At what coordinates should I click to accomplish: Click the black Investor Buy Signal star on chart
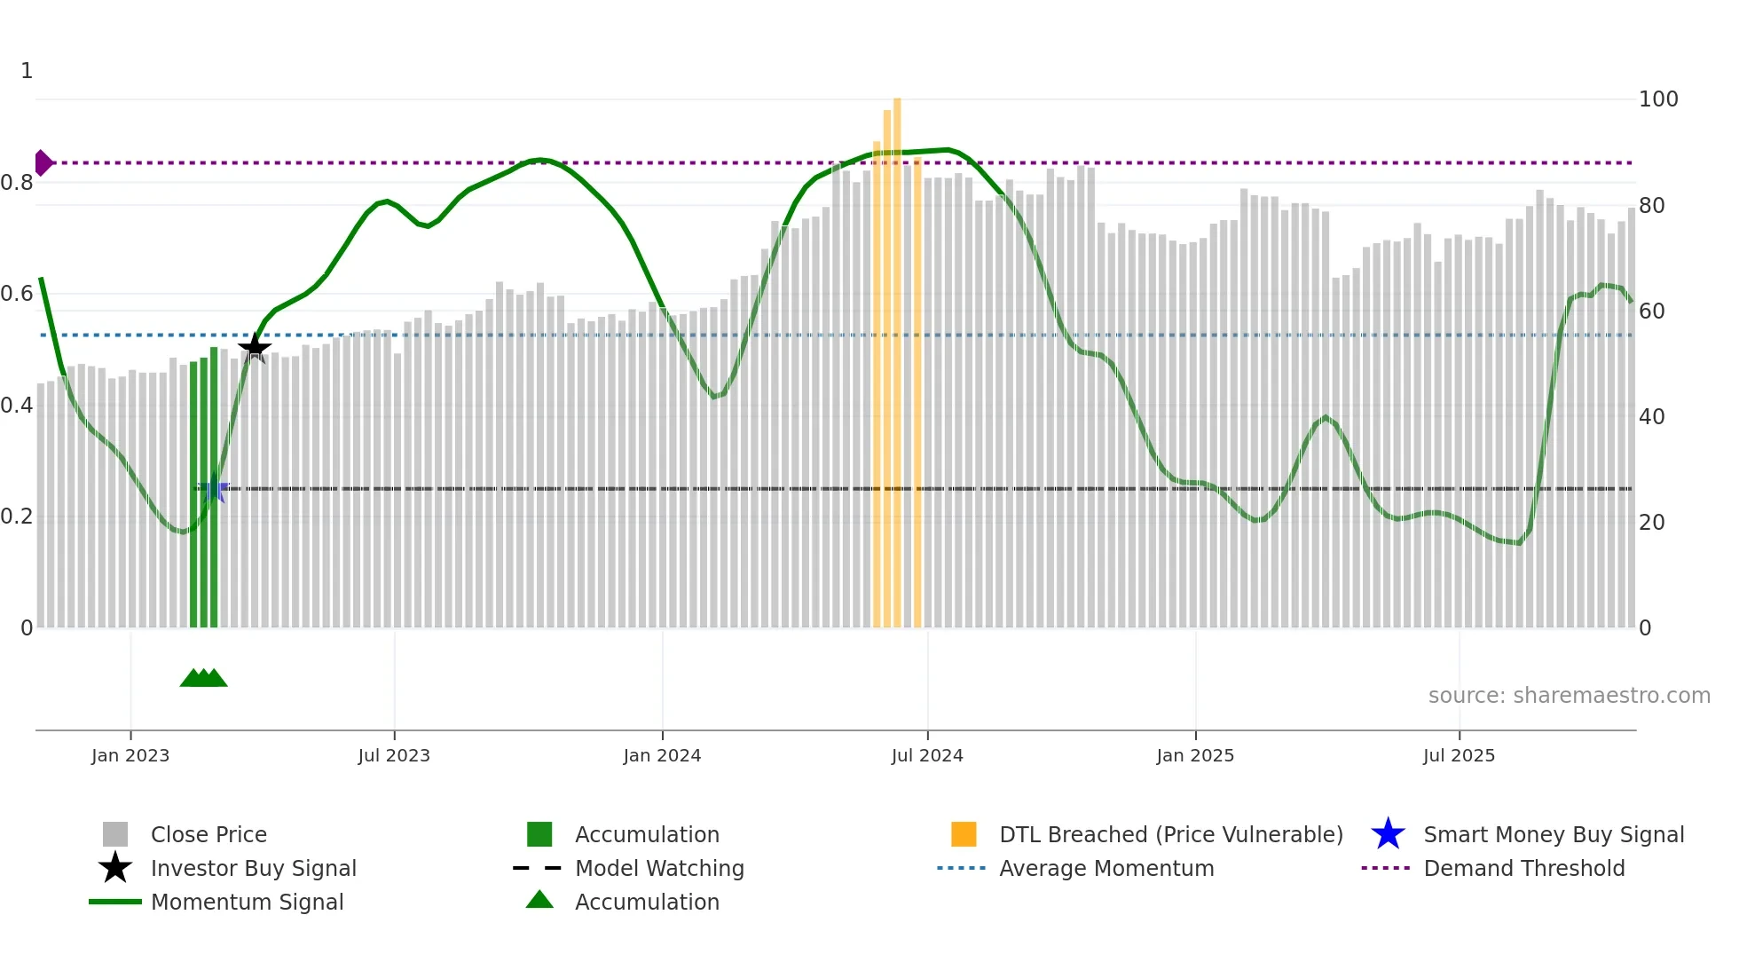point(255,348)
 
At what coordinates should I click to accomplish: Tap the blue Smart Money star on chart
point(213,489)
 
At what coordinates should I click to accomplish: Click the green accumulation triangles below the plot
point(203,678)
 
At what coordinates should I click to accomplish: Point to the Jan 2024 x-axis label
point(662,755)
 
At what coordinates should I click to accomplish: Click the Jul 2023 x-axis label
point(394,755)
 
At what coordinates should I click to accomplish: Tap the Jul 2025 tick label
point(1459,755)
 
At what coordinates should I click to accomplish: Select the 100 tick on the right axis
point(1657,99)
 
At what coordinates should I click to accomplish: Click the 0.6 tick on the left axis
point(18,294)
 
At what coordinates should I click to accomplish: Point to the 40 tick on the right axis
point(1651,417)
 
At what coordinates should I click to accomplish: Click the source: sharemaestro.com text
point(1569,696)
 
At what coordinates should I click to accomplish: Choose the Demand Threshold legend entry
point(1523,868)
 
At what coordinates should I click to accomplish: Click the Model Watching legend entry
point(658,868)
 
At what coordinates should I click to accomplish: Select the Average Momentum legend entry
point(1106,868)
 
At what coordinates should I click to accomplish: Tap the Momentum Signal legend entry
point(247,902)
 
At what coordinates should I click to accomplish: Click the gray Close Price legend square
point(115,834)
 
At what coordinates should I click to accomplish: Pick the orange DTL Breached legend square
point(964,834)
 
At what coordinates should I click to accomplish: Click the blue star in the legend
point(1388,834)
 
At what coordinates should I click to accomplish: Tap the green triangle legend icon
point(539,900)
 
